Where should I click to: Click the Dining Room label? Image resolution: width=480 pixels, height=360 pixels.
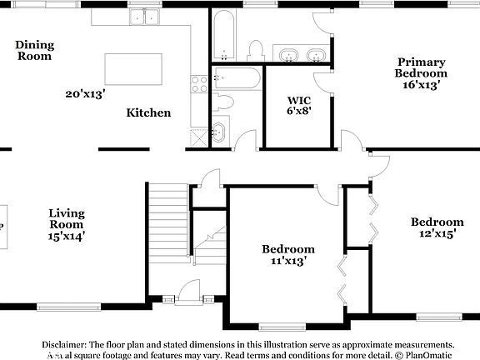click(x=34, y=50)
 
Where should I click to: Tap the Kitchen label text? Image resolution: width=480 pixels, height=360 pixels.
click(x=149, y=112)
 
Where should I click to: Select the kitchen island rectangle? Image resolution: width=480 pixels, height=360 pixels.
click(x=133, y=68)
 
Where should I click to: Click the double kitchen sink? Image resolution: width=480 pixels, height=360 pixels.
click(x=144, y=17)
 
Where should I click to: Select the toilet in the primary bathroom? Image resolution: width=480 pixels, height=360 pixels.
click(x=256, y=50)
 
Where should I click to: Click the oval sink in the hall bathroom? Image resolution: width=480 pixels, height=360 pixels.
click(x=218, y=131)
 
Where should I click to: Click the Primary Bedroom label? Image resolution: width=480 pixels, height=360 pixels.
click(x=421, y=67)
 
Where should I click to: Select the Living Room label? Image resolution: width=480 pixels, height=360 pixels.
click(x=66, y=219)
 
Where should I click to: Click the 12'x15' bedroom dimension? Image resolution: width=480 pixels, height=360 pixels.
click(x=437, y=234)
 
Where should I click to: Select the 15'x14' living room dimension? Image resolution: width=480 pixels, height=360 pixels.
click(x=66, y=236)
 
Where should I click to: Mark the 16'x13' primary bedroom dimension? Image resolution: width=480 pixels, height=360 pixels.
click(x=421, y=84)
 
